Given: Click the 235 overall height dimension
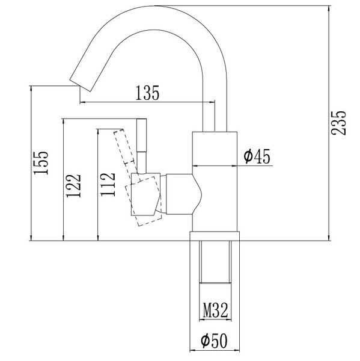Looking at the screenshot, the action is [338, 123].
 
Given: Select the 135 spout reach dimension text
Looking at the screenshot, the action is [147, 93].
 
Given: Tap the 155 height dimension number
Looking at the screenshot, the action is [41, 163].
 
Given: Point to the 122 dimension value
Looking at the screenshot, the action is [73, 186].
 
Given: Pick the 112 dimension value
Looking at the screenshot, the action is [108, 185].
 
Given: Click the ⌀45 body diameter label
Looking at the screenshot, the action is [257, 156].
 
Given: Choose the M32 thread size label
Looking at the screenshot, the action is [215, 310].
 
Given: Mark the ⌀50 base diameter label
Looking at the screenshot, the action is [214, 341].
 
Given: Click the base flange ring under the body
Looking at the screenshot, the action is [215, 236].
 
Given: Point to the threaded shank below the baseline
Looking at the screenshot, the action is [215, 262].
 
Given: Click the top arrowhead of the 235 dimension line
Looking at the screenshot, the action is [329, 8].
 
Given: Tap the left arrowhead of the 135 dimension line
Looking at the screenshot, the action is [83, 102].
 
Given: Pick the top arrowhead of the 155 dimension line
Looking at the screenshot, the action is [31, 89].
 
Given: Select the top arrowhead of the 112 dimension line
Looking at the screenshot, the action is [98, 132].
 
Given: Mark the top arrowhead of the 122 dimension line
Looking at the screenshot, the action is [63, 122].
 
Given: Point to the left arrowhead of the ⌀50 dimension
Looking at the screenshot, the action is [193, 351].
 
